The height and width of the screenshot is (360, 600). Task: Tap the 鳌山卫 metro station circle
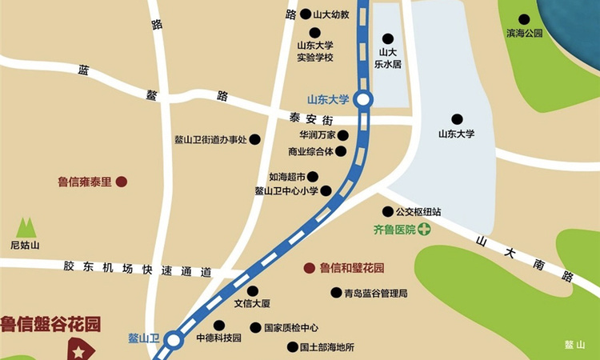(x=173, y=342)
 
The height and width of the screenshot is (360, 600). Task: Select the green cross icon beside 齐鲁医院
(x=423, y=230)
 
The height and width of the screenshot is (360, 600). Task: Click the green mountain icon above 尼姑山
(x=26, y=227)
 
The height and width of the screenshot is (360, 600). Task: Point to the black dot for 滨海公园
(x=524, y=19)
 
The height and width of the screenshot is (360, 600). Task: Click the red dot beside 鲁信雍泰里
(x=121, y=182)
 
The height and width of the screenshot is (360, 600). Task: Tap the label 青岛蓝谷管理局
(x=376, y=294)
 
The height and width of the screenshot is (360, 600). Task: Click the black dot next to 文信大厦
(x=253, y=291)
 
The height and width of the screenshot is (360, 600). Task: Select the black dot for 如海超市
(x=313, y=177)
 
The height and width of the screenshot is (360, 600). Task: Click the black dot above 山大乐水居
(x=388, y=38)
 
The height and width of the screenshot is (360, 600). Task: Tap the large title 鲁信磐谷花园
(x=51, y=324)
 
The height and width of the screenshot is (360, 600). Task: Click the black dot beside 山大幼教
(x=305, y=14)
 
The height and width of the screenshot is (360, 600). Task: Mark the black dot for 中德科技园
(x=218, y=325)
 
